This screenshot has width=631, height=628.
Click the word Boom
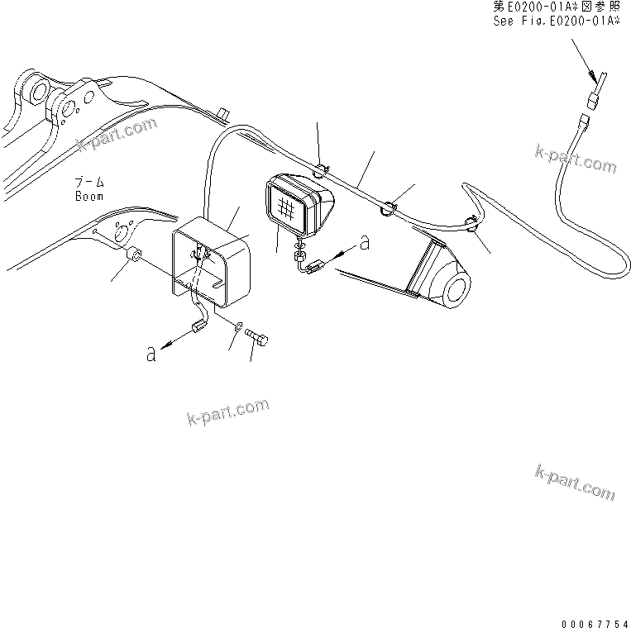[88, 197]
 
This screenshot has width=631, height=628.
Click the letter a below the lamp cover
[150, 354]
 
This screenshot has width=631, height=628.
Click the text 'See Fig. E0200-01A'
[556, 22]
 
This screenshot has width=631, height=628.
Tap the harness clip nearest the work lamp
[320, 171]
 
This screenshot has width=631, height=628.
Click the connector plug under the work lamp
[313, 266]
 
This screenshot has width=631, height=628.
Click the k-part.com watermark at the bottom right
[575, 482]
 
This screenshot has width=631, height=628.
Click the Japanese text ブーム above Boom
[88, 181]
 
